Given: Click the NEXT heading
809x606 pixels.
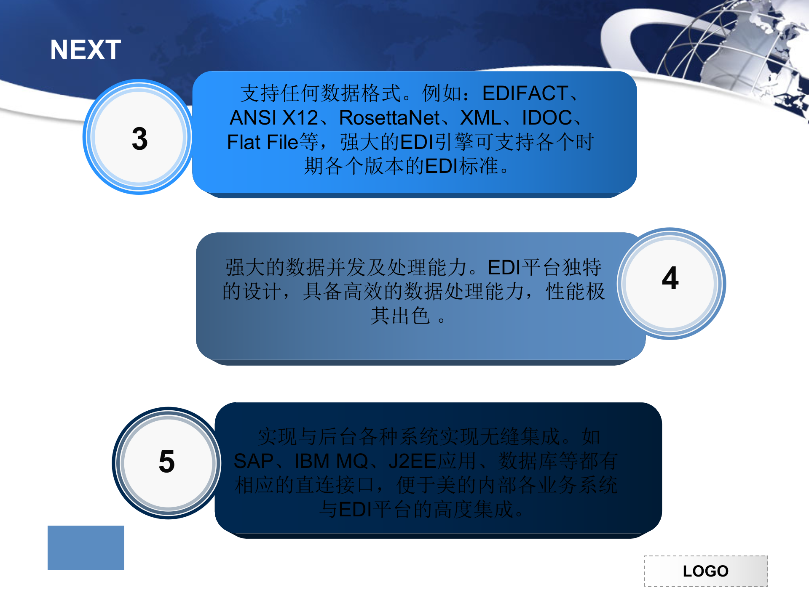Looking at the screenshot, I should (86, 50).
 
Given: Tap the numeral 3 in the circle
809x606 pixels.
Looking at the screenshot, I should (140, 138).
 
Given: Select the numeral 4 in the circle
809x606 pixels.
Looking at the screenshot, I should (670, 278).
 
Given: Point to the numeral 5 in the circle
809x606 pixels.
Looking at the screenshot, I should (167, 461).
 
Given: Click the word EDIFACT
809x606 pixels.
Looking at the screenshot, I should (525, 93).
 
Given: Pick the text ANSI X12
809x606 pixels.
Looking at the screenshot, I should (274, 118).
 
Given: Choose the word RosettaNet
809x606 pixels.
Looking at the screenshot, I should (389, 118).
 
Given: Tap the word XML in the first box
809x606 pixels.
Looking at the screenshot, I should (481, 118).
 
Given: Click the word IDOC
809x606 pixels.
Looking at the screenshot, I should (547, 118).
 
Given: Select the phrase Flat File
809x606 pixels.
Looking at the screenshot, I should (263, 142).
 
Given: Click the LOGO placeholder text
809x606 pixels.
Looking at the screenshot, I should (706, 571).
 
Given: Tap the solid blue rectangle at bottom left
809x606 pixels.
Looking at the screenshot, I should (86, 548).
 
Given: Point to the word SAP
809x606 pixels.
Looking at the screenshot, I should (254, 461).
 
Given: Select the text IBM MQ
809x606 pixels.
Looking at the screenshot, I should (332, 461).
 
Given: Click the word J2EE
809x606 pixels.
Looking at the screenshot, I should (412, 461).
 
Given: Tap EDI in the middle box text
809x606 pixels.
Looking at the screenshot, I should (504, 267).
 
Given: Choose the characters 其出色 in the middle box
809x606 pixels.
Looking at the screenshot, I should (400, 316).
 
